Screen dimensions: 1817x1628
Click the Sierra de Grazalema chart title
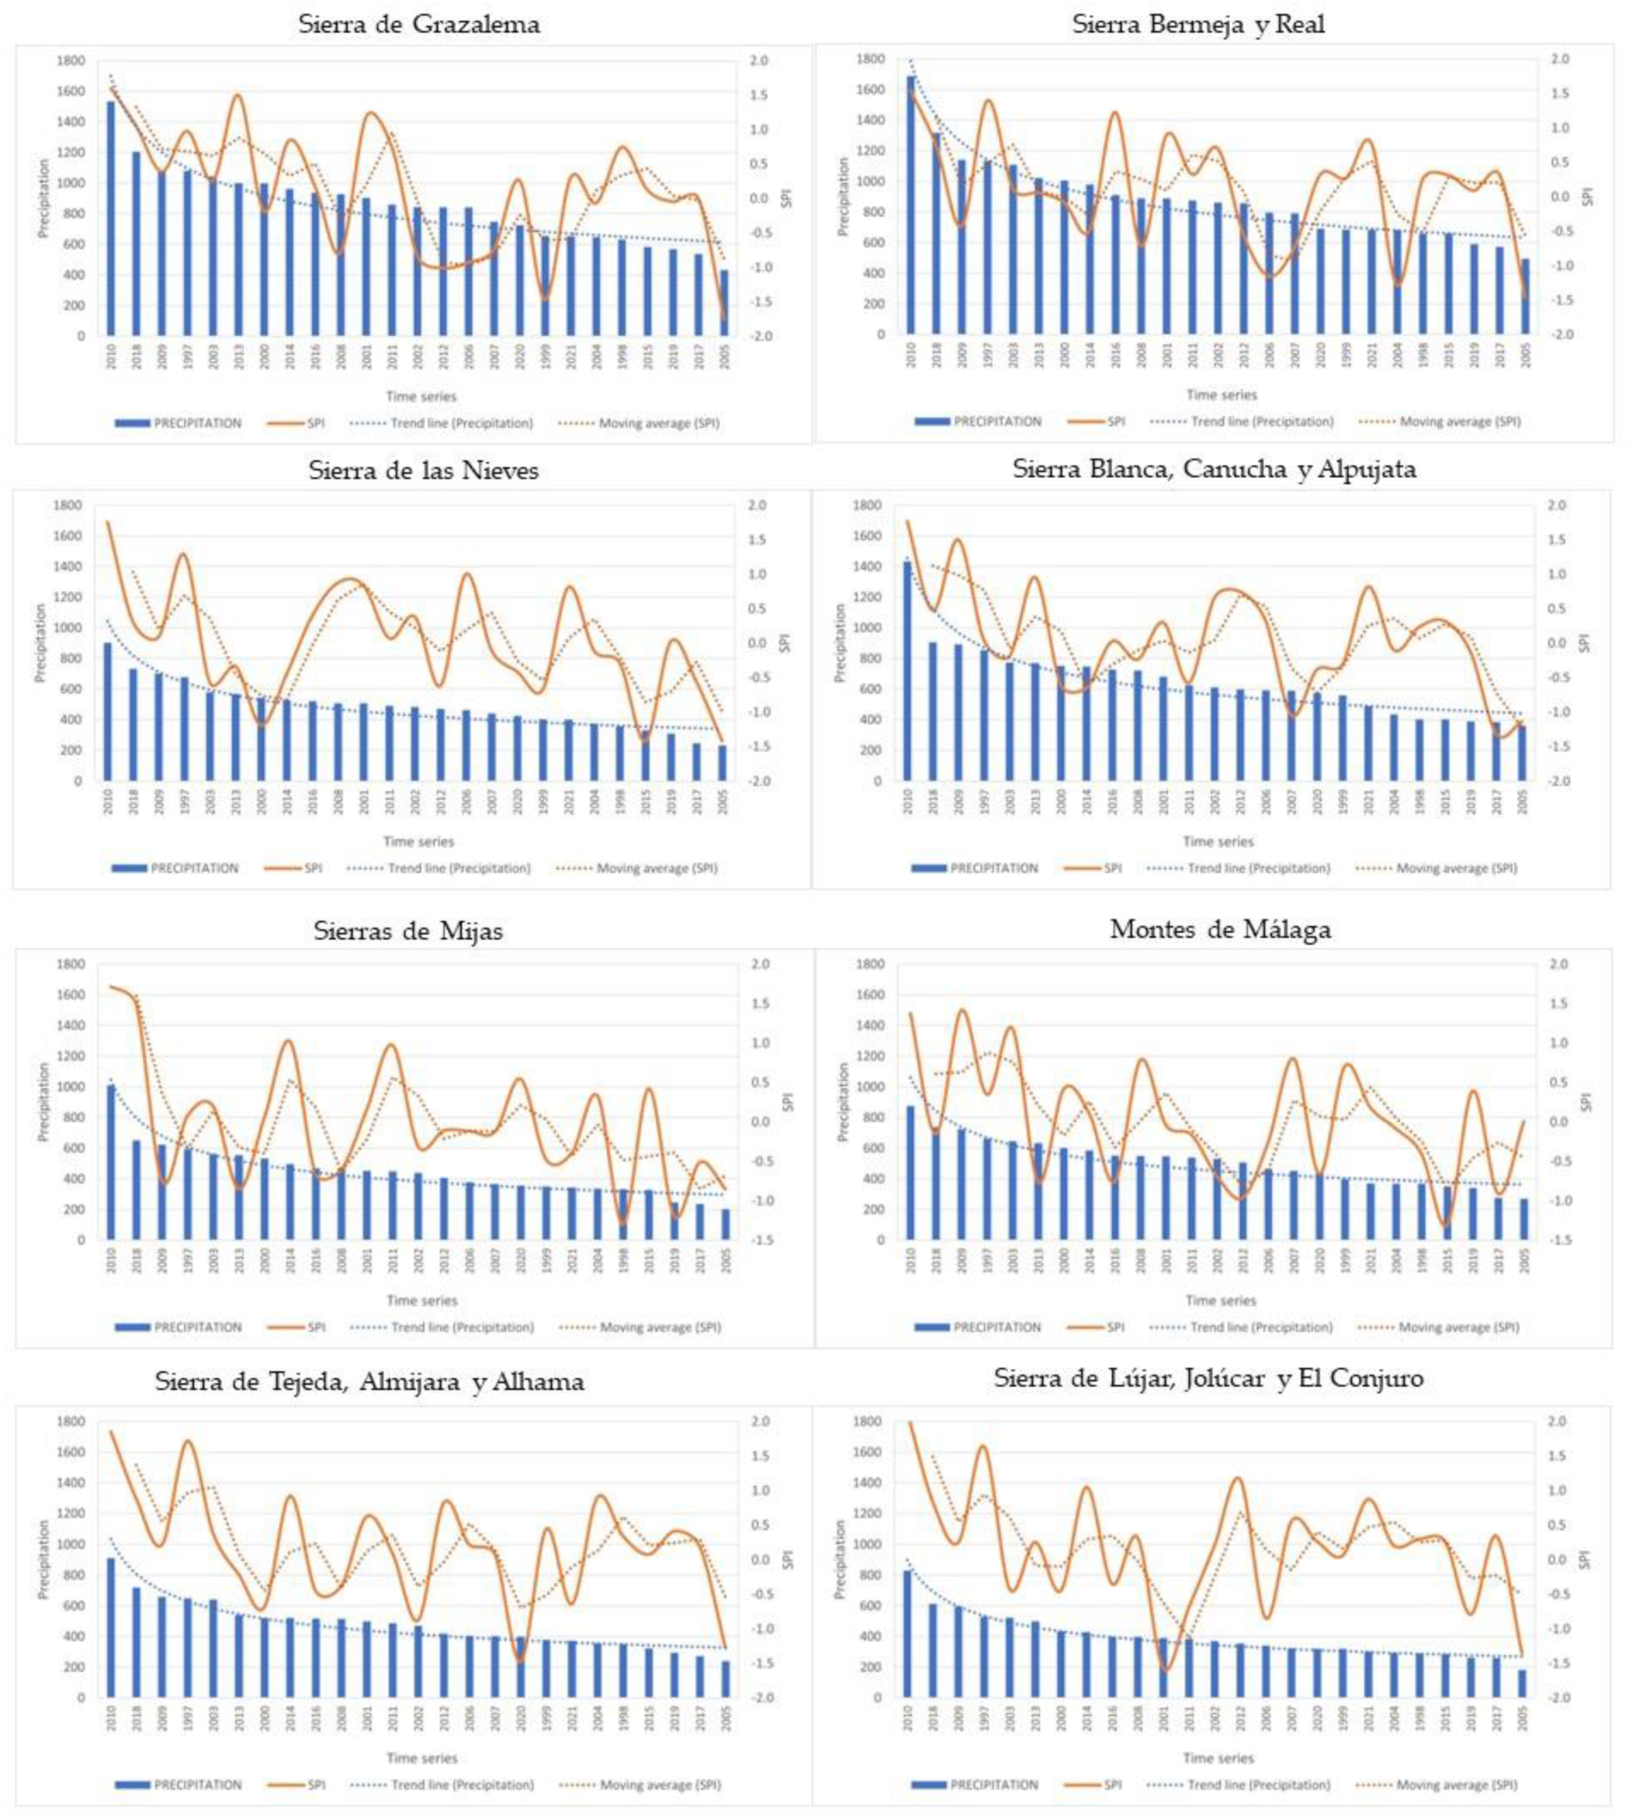tap(419, 24)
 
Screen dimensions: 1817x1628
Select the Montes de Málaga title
tap(1220, 929)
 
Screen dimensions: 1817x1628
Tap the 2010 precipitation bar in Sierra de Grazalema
tap(112, 219)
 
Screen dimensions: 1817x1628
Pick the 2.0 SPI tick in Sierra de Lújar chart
tap(1559, 1422)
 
